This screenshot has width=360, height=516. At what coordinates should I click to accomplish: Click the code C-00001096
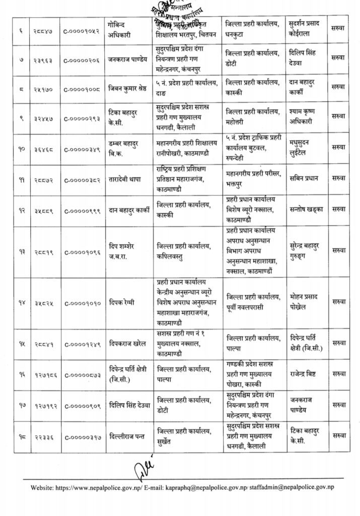coord(82,252)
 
